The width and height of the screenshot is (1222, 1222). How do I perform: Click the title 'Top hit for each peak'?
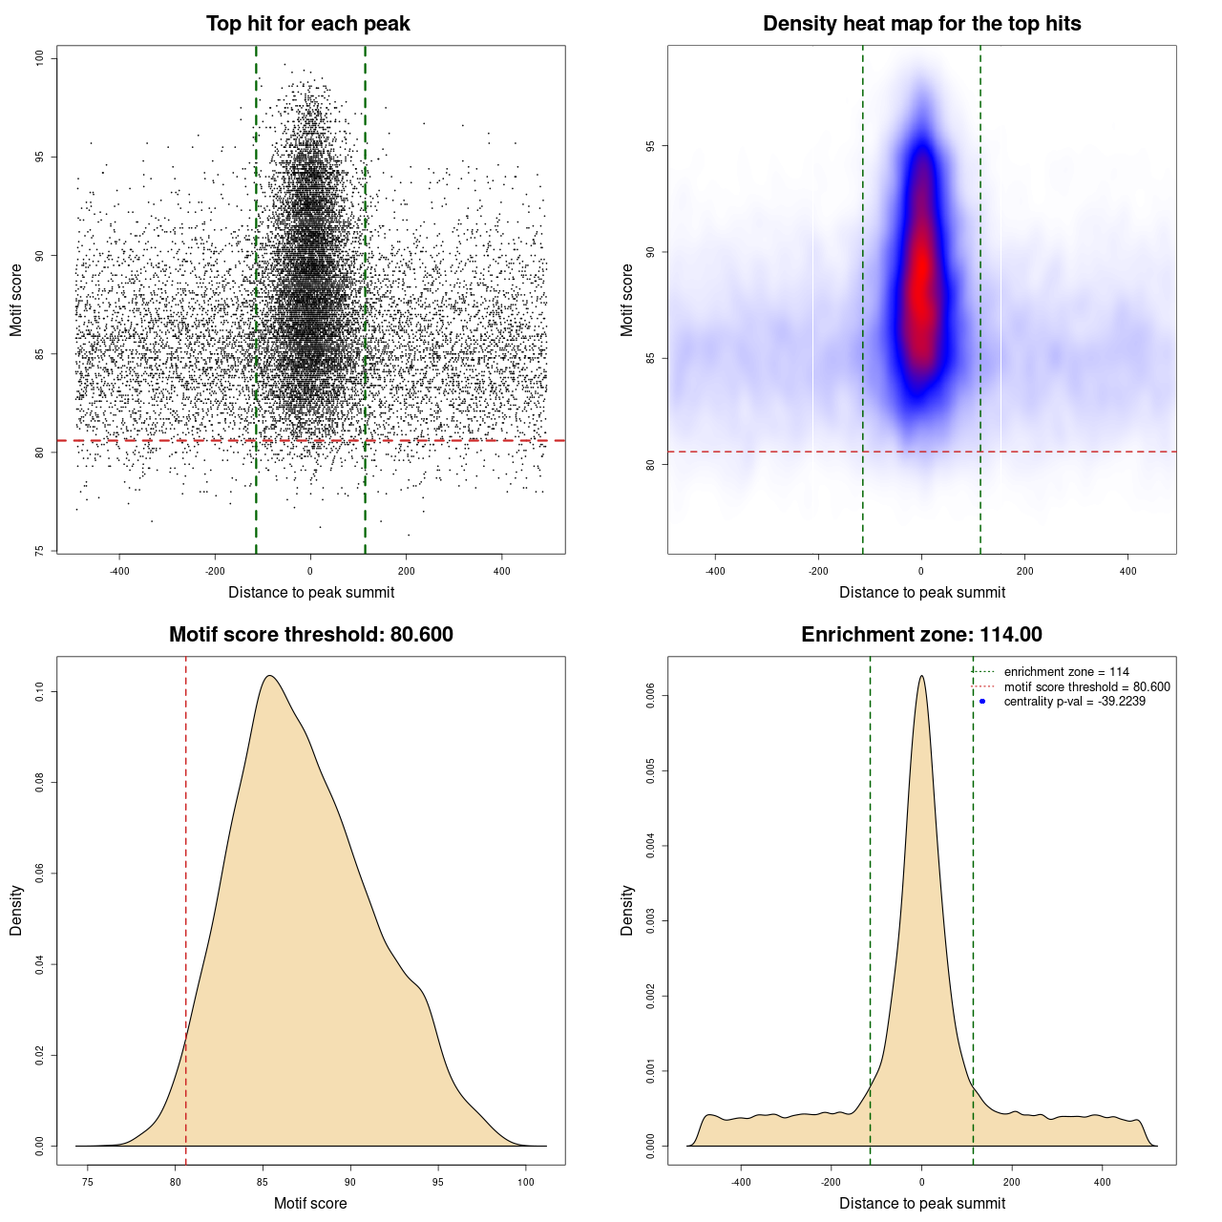pos(307,24)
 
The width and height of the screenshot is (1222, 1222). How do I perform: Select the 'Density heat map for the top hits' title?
pos(921,24)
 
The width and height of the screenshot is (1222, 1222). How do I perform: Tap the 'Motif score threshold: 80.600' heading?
pos(310,635)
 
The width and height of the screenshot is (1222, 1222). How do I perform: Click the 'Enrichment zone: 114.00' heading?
pos(921,635)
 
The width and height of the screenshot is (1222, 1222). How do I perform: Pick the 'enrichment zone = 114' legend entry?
pos(1065,672)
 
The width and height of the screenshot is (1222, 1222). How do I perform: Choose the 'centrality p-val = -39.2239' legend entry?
pos(1074,702)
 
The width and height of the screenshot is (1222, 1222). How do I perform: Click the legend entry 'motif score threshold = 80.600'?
pos(1086,687)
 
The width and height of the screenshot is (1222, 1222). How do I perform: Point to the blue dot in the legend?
pos(982,702)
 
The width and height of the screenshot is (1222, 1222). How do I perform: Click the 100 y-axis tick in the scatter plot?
pos(40,58)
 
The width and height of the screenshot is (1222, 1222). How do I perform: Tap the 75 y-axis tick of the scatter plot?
pos(40,551)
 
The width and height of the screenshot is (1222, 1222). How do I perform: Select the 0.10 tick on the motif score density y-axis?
pos(40,691)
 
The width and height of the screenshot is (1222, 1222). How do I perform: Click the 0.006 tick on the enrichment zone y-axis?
pos(651,696)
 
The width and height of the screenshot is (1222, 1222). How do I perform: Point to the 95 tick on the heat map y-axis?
pos(651,146)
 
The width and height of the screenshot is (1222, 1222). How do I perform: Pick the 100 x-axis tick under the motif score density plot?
pos(526,1182)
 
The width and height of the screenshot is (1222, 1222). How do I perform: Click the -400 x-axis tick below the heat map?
pos(715,571)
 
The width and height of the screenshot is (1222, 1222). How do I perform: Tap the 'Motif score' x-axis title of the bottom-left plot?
pos(310,1203)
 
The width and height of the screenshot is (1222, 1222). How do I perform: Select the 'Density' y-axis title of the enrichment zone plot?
pos(627,910)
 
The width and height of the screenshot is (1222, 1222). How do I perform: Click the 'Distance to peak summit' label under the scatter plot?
pos(311,592)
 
